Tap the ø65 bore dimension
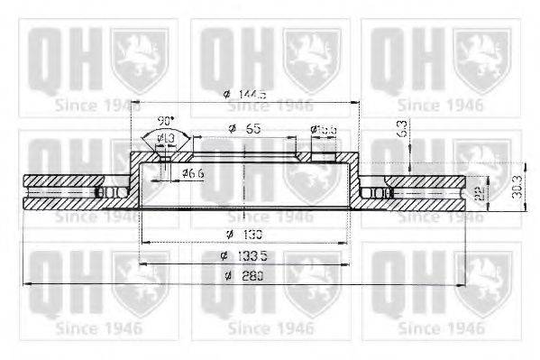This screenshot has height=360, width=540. pos(244,129)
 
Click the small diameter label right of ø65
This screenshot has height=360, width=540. pos(324,130)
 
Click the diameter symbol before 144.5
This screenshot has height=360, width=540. pos(225,95)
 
